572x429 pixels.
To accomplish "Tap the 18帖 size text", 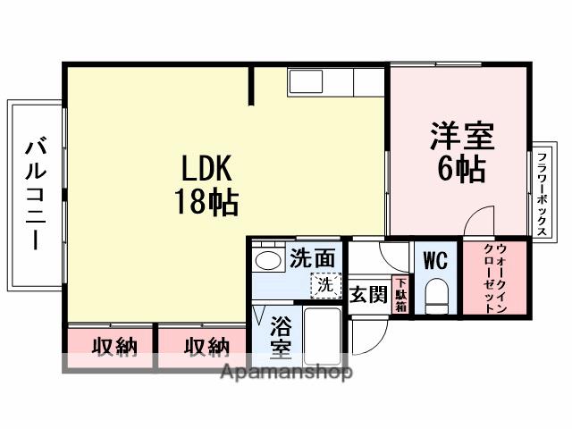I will (206, 202).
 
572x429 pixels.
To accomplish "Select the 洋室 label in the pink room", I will (461, 138).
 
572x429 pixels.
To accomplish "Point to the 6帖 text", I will (461, 171).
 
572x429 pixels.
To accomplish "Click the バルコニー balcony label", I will (36, 192).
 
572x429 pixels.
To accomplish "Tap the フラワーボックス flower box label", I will (543, 191).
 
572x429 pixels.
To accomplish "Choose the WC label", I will (435, 261).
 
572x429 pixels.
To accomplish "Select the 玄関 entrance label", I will (367, 293).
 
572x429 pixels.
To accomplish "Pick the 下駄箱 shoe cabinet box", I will (401, 295).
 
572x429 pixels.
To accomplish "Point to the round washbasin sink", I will (266, 260).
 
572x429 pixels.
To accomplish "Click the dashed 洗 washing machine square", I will (325, 285).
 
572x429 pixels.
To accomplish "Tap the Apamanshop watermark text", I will (286, 372).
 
